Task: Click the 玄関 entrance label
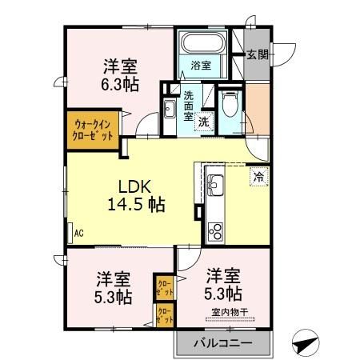256,54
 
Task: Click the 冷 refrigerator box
258,175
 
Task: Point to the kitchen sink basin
215,187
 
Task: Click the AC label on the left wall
78,234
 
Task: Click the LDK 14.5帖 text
135,194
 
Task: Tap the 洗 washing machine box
204,122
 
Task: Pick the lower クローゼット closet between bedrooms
163,314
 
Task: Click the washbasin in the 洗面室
170,110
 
